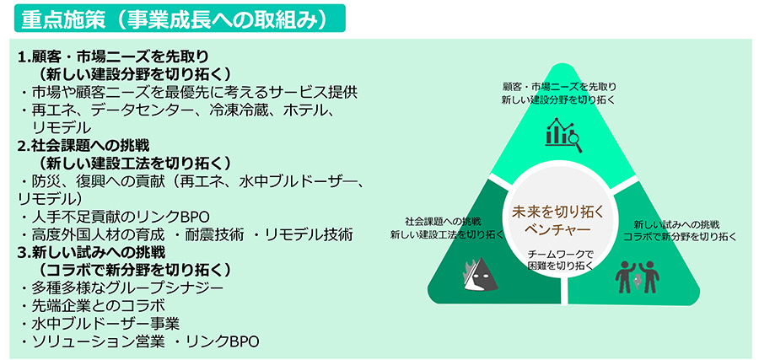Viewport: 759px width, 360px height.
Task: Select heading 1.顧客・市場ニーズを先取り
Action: (x=113, y=57)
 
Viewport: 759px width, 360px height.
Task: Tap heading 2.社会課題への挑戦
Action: (x=83, y=145)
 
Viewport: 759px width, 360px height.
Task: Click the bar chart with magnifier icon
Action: (x=563, y=135)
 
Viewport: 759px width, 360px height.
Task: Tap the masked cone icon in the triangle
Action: (x=481, y=274)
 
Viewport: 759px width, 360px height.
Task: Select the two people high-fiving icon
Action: (x=637, y=277)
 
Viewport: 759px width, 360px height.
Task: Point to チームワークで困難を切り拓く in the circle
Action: (x=560, y=260)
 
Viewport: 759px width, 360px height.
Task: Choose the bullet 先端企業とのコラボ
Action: (x=99, y=306)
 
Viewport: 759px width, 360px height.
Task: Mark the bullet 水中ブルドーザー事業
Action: (x=105, y=324)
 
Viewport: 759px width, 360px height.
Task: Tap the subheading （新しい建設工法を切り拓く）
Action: (x=134, y=163)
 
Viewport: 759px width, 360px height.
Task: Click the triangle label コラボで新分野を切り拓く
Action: (x=679, y=237)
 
